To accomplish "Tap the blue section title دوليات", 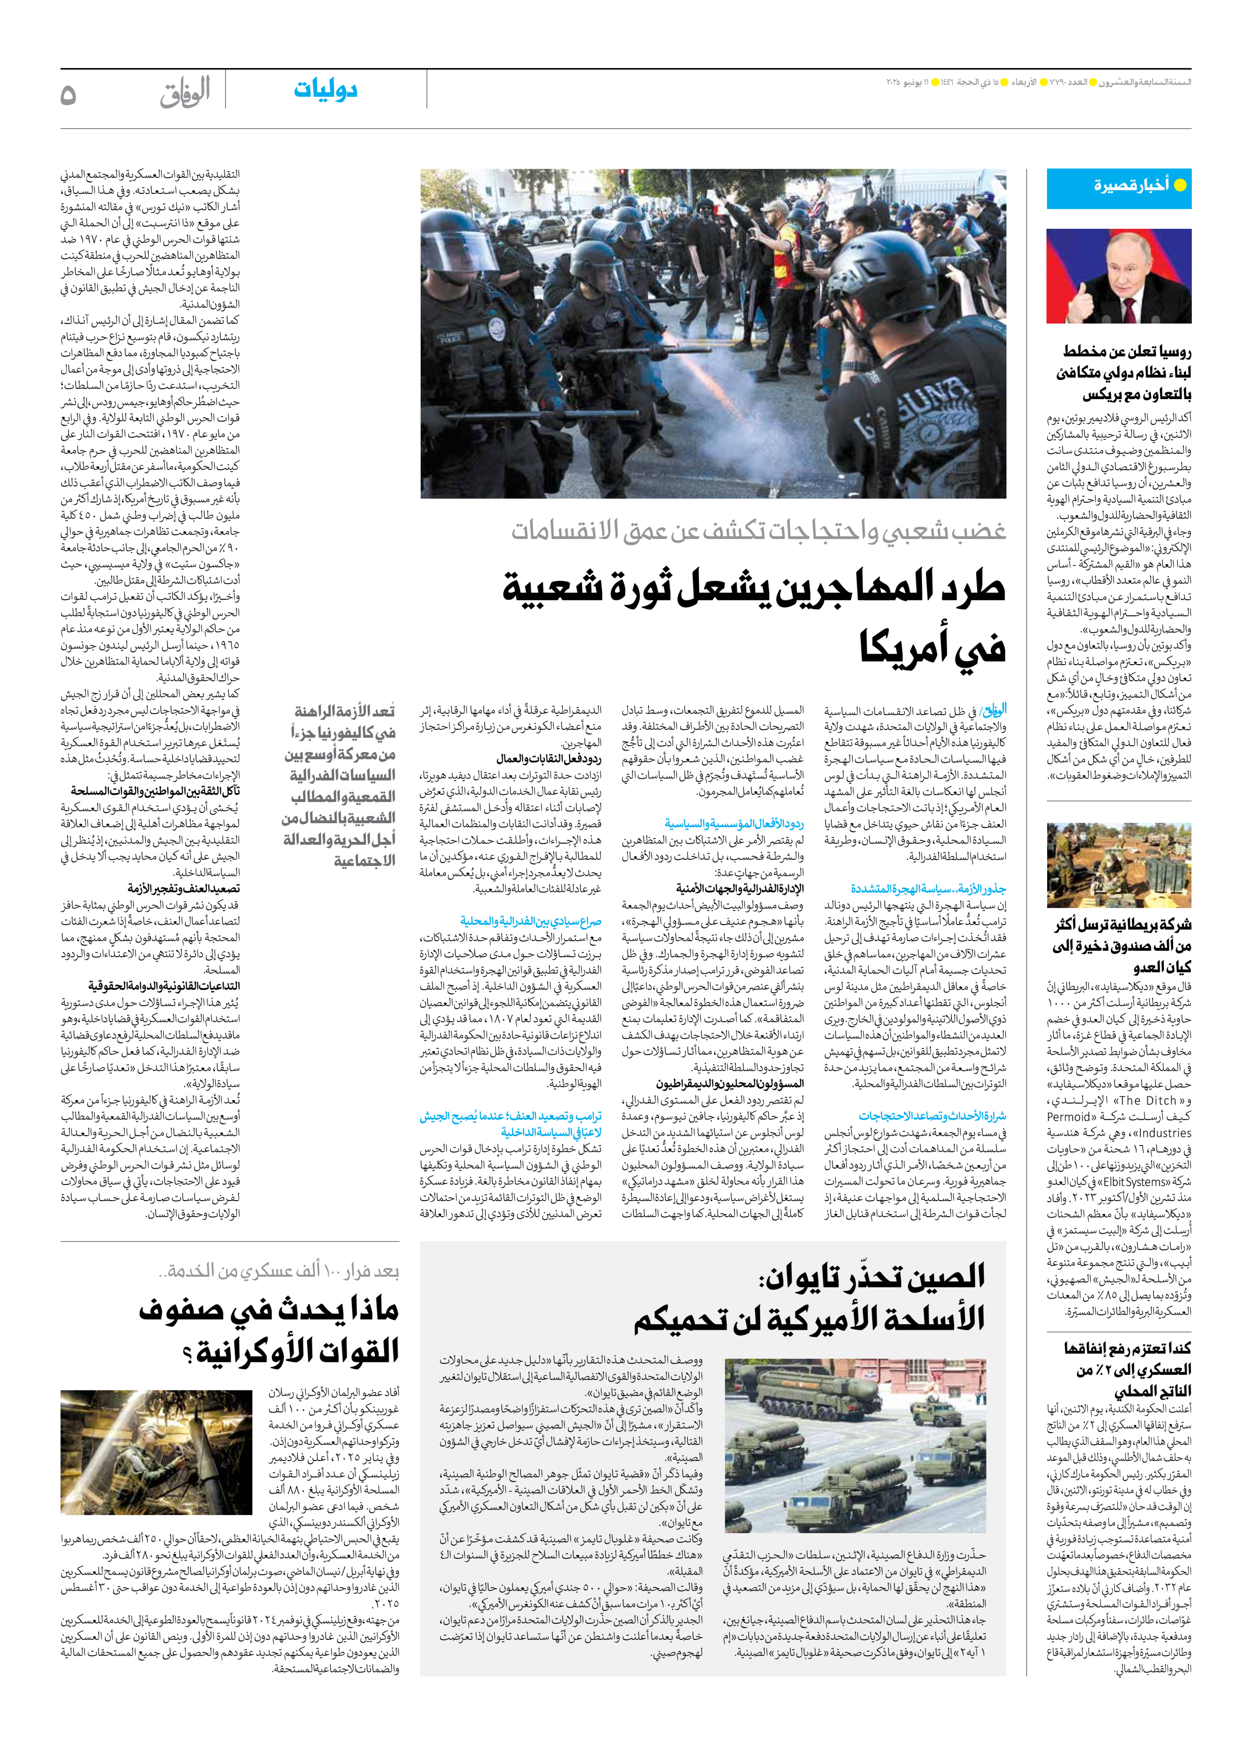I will point(326,90).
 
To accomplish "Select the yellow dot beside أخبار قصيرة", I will point(1180,185).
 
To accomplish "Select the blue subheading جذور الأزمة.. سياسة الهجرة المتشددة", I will point(928,889).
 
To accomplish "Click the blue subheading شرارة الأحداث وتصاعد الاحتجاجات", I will point(932,1116).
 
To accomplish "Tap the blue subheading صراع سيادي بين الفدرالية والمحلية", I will point(531,922).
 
